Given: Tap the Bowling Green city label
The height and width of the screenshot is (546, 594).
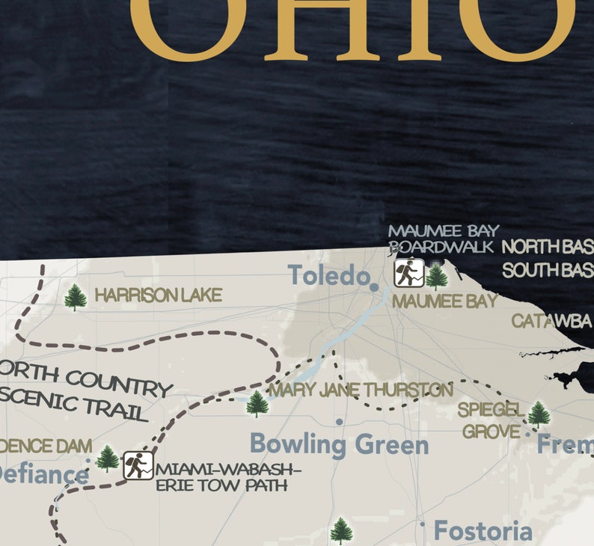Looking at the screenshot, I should pos(339,444).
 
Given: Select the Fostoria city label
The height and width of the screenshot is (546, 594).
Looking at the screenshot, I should pos(483,532).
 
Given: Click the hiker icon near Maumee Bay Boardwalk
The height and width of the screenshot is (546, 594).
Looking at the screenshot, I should pos(408,273).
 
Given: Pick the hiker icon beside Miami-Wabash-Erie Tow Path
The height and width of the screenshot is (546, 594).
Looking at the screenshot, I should pos(138,466).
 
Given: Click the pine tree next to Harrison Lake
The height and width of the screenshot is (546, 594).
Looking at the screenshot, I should pos(75,297).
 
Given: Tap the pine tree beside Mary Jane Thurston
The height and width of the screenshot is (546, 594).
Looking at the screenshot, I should pos(257,404).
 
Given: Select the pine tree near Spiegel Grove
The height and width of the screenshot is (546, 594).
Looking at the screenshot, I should pos(538,414).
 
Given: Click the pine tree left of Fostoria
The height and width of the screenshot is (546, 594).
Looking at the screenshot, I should pos(341,530).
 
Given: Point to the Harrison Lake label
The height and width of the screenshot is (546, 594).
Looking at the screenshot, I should pos(158,296).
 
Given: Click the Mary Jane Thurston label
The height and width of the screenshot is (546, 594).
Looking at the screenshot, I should pos(361,390).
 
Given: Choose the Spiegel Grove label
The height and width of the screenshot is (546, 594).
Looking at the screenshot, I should pos(491,420).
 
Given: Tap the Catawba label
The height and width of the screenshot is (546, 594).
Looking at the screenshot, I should pos(551,322).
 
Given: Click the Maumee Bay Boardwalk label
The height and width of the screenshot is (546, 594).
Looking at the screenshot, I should pos(442,239).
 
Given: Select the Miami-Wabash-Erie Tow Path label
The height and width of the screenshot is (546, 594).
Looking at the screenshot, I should pos(229,477).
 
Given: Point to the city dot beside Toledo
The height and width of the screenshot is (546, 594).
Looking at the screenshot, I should pos(374,286).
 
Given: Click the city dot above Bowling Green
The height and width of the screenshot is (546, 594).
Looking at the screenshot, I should pos(339,422).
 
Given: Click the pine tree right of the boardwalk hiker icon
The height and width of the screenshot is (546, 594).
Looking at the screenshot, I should pos(436,276).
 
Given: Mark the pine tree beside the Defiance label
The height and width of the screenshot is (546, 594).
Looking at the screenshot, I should pos(107,458).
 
